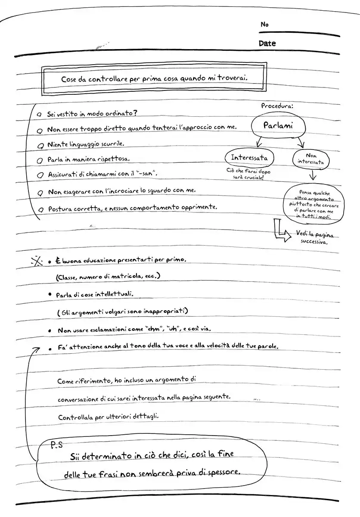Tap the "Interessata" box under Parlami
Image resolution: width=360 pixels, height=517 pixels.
coord(249,158)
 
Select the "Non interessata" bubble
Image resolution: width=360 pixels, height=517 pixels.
coord(311,159)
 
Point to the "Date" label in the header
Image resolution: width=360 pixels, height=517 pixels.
coord(267,44)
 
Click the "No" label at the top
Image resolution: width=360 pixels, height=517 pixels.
coord(264,25)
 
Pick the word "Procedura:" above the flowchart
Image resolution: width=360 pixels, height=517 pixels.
coord(277,106)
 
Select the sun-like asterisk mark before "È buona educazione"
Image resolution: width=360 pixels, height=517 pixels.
coord(37,261)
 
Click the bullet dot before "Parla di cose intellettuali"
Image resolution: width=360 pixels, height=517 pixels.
coord(50,295)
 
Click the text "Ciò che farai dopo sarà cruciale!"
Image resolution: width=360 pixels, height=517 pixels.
coord(248,174)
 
